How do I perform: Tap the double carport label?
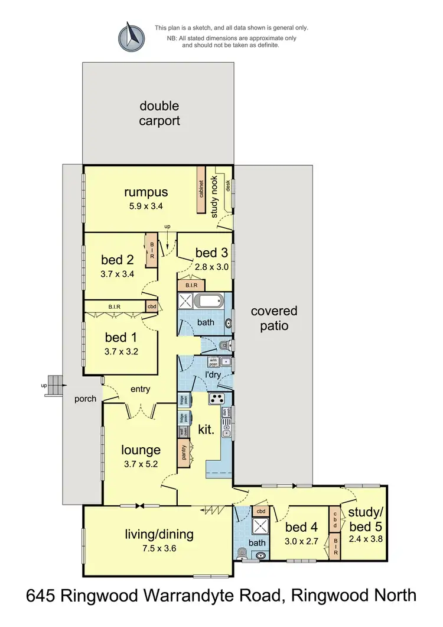coord(159,114)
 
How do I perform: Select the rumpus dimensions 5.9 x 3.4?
coord(146,206)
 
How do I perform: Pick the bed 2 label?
coord(117,260)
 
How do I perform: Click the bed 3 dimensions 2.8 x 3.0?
coord(211,266)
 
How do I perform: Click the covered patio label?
coord(273,318)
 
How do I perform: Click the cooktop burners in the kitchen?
coord(216,399)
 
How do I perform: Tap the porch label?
coord(85,399)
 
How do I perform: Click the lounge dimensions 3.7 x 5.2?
coord(141,464)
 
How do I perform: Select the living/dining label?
coord(159,535)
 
